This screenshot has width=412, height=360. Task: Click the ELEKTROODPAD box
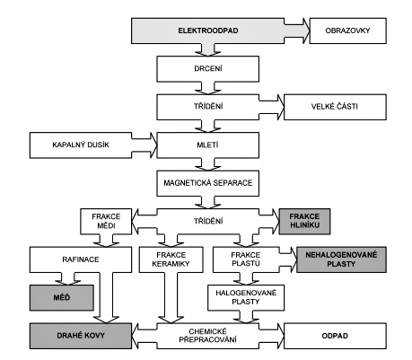(x=207, y=31)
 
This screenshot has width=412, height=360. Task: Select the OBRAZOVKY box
(x=347, y=31)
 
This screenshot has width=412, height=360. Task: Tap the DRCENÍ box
(x=207, y=69)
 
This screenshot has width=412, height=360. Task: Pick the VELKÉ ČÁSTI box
(x=335, y=107)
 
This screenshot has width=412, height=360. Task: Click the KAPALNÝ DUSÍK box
(x=81, y=145)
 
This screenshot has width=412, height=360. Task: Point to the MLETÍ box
(x=207, y=145)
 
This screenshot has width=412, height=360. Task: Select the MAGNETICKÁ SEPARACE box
(x=207, y=183)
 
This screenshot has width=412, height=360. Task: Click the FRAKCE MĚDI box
(x=106, y=222)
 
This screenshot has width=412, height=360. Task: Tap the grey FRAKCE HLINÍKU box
(x=304, y=222)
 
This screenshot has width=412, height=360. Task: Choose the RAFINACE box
(x=81, y=259)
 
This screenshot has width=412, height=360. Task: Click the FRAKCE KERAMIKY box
(x=171, y=259)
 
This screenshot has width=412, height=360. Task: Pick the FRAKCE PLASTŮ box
(x=246, y=259)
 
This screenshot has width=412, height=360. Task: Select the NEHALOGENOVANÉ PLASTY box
(x=341, y=259)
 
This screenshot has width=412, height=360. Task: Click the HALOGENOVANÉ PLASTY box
(x=246, y=297)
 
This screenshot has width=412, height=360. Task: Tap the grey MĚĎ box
(x=61, y=297)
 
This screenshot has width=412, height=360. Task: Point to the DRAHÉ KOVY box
(x=81, y=336)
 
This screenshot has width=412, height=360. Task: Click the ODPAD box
(x=335, y=336)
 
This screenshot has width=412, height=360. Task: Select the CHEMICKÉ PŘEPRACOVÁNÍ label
(x=207, y=336)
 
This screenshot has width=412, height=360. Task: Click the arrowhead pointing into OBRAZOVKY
(x=306, y=31)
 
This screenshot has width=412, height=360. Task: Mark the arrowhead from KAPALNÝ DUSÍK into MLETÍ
(x=153, y=145)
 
